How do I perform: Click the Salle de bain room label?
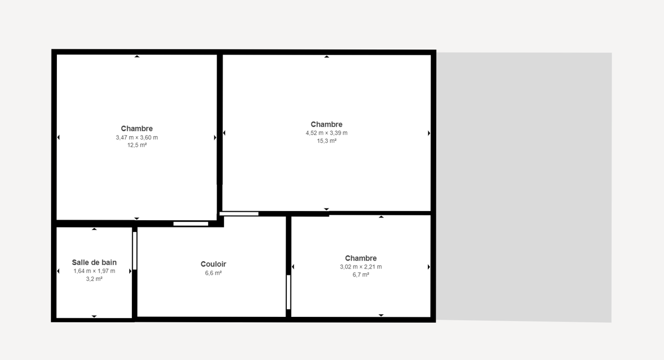tap(94, 263)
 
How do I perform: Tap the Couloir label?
tap(213, 264)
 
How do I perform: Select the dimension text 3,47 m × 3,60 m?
tap(137, 138)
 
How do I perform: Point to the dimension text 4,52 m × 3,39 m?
tap(326, 133)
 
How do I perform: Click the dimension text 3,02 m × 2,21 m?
tap(361, 266)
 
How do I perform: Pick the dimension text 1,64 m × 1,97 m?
tap(94, 271)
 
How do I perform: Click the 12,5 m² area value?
tap(137, 145)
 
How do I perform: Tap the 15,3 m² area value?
tap(327, 141)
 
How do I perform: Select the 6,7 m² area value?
tap(361, 275)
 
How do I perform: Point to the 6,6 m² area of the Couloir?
tap(213, 273)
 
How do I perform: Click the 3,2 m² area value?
tap(94, 279)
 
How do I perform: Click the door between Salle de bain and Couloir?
tap(135, 250)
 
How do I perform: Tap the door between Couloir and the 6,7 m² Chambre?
tap(288, 292)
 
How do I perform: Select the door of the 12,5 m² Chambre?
tap(190, 224)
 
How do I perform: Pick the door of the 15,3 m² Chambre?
tap(239, 214)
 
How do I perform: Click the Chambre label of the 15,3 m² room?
tap(326, 124)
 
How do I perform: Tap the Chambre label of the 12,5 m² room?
tap(137, 129)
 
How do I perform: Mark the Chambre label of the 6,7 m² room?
tap(361, 258)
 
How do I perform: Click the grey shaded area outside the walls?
tap(524, 187)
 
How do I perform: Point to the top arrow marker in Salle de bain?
tap(94, 229)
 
